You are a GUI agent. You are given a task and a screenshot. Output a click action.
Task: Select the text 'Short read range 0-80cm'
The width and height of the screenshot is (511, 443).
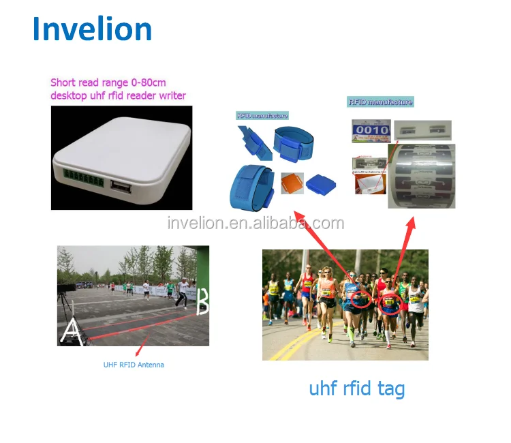pyautogui.click(x=108, y=82)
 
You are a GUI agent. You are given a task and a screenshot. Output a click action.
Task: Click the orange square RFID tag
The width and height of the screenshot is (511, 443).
pyautogui.click(x=292, y=184)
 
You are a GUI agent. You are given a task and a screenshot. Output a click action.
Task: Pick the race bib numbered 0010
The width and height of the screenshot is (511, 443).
pyautogui.click(x=371, y=130)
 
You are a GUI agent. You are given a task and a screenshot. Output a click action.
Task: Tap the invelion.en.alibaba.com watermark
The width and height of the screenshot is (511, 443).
pyautogui.click(x=255, y=223)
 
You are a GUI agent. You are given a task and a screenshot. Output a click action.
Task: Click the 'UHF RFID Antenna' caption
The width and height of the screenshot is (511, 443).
pyautogui.click(x=134, y=365)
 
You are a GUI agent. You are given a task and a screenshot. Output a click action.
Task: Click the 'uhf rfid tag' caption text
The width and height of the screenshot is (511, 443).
pyautogui.click(x=356, y=388)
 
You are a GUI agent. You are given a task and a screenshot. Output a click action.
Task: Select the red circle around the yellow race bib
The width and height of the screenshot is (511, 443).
pyautogui.click(x=390, y=301)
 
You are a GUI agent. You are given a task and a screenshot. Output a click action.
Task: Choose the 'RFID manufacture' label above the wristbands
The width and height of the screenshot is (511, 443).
pyautogui.click(x=262, y=116)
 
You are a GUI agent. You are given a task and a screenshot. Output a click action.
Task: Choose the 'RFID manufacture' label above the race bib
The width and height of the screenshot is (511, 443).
pyautogui.click(x=380, y=102)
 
